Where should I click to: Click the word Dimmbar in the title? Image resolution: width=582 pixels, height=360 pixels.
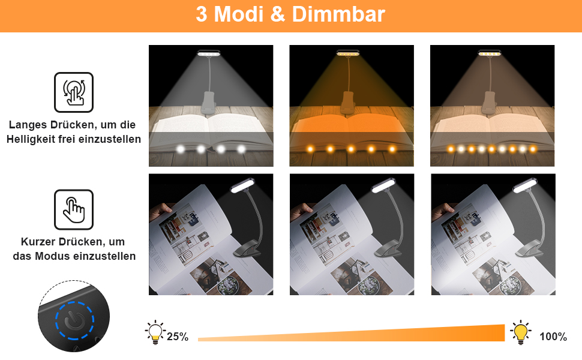[x=338, y=14]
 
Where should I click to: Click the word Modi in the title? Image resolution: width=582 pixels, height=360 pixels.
[x=239, y=14]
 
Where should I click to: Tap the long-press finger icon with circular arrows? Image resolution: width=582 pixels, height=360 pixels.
[x=74, y=92]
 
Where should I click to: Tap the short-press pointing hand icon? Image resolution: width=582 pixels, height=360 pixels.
[x=74, y=209]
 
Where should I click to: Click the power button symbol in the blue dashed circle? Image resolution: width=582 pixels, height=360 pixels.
[x=74, y=320]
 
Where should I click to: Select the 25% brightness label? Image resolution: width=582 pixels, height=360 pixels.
[x=178, y=337]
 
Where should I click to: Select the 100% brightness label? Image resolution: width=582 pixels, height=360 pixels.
[x=553, y=337]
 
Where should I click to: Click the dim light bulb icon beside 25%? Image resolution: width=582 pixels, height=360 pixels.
[x=155, y=332]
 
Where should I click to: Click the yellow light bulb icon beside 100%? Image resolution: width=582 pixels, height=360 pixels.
[x=520, y=332]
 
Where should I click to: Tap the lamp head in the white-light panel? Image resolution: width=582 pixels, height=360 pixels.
[x=209, y=53]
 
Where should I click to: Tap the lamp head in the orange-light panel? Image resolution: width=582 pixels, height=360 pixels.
[x=348, y=53]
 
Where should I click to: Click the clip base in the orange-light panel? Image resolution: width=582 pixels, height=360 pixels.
[x=348, y=103]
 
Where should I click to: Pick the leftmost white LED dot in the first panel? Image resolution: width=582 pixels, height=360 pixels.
[x=181, y=149]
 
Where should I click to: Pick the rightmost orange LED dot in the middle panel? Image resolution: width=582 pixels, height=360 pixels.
[x=392, y=149]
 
